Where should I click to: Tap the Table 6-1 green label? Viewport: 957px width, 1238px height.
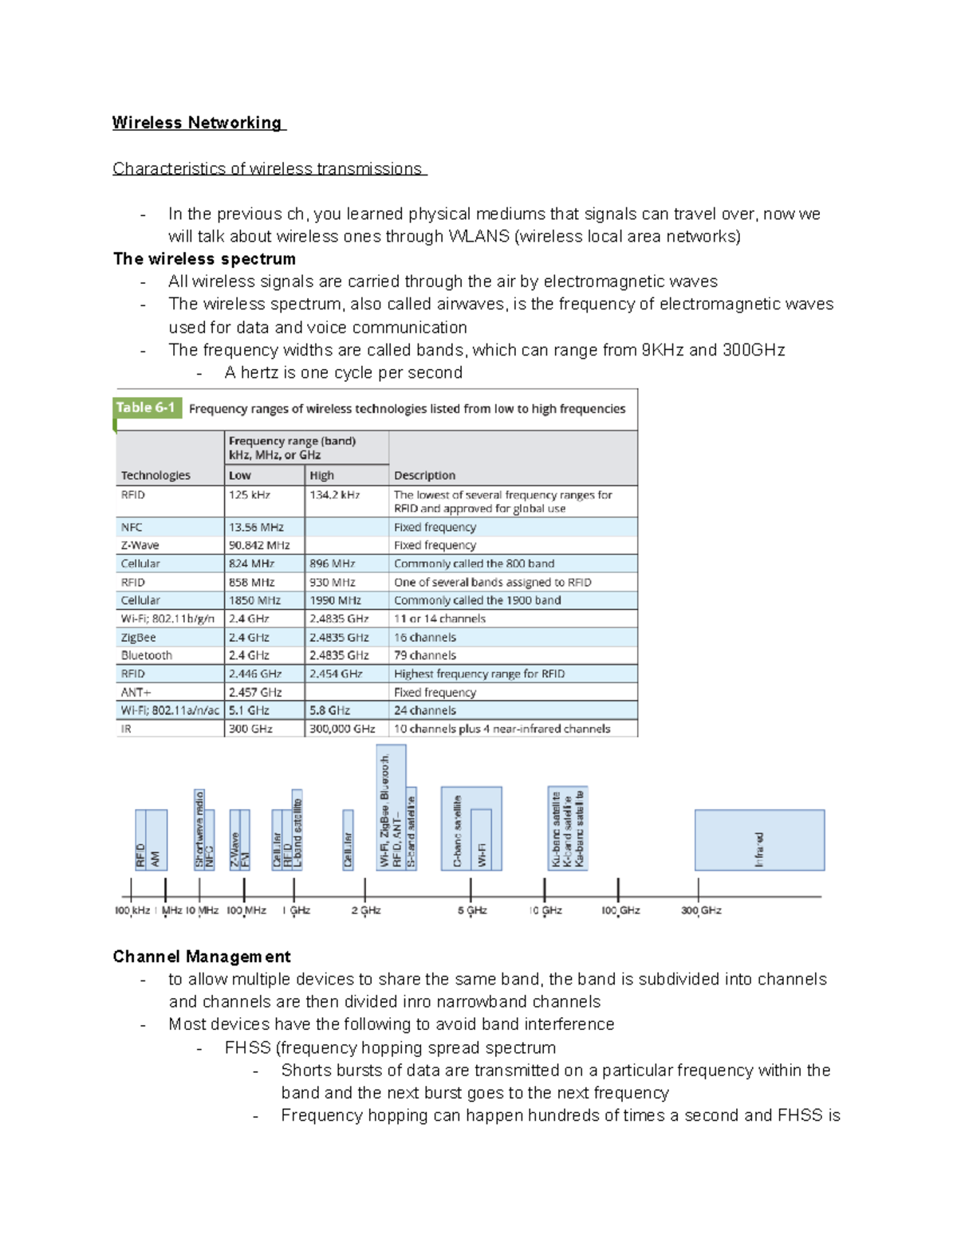coord(145,408)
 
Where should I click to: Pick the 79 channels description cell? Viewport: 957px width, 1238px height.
coord(425,656)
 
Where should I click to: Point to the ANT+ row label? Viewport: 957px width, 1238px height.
coord(136,693)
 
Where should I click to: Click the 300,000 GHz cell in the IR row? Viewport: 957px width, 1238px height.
coord(342,729)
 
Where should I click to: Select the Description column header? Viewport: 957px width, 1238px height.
coord(424,476)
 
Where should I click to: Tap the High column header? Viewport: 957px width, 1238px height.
coord(321,476)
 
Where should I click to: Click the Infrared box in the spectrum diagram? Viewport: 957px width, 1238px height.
coord(759,840)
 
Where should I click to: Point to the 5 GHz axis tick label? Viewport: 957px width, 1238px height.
coord(472,910)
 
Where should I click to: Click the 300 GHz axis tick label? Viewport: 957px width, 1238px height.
coord(701,910)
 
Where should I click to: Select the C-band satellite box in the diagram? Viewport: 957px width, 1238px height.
coord(457,829)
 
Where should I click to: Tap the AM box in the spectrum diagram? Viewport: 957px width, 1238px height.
coord(157,840)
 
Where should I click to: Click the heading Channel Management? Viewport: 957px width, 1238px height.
coord(201,957)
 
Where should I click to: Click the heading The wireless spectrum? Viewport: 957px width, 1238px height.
coord(204,259)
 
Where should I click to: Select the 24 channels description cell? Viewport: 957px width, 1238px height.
coord(425,711)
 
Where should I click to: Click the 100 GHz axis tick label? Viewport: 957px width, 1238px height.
coord(620,910)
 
